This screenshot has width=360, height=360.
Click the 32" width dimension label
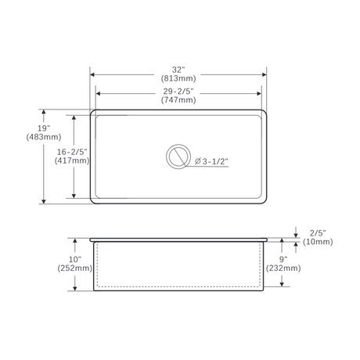178,70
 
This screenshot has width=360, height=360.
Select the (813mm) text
178,78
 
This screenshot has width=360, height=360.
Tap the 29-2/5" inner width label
178,92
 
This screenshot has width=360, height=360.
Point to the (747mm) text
178,100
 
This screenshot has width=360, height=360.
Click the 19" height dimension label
44,128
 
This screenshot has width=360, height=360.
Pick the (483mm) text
44,137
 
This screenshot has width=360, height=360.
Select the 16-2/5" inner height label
72,152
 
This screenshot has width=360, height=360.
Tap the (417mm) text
72,160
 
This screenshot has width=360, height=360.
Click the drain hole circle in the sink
178,144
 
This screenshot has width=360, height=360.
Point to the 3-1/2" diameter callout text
215,161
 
